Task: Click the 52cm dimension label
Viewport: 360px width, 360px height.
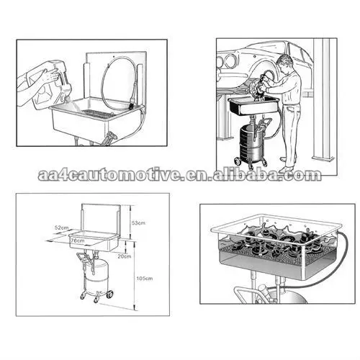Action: [x=62, y=228]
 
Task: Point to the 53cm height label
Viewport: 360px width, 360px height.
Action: [x=138, y=222]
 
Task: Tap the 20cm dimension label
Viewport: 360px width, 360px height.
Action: [x=125, y=256]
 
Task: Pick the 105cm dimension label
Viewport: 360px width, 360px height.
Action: [x=145, y=279]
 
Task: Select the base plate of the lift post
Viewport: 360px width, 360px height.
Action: [x=323, y=158]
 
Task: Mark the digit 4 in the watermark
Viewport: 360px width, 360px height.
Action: [x=67, y=175]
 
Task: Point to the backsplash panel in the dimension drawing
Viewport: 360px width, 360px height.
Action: [x=101, y=217]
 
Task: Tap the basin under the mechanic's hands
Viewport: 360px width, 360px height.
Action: [x=253, y=105]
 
